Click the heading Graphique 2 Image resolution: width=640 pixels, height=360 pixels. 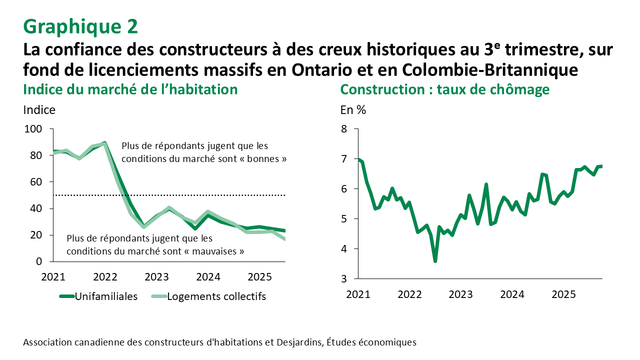(80, 26)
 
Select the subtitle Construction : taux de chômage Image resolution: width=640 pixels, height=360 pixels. (444, 89)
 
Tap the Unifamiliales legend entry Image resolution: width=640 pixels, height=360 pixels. (106, 296)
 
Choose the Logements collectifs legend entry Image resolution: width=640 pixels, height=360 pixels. (216, 296)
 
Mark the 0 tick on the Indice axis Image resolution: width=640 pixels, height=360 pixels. (39, 261)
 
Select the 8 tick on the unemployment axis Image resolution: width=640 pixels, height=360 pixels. (343, 129)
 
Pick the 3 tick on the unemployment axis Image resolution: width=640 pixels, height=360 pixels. (343, 278)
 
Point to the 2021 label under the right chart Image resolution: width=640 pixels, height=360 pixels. (357, 294)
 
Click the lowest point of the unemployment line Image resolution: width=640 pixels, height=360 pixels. (435, 261)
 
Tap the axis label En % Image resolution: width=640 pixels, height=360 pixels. (353, 110)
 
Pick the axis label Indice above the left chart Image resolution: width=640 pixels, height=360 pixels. (39, 110)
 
